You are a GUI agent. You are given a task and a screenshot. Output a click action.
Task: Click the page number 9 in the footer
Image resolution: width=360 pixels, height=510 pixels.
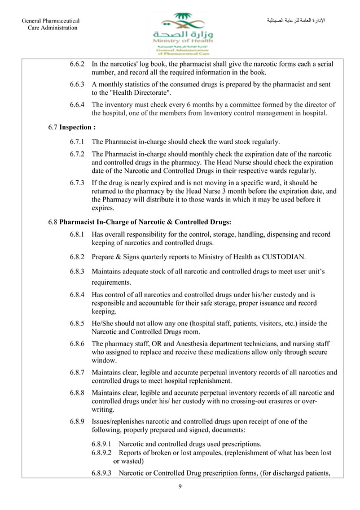(179, 487)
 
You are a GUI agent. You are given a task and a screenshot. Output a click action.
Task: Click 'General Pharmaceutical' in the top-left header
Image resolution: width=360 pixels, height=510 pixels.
(50, 21)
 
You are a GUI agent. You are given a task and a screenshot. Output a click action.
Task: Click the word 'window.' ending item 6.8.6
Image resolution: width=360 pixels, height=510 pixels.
(104, 360)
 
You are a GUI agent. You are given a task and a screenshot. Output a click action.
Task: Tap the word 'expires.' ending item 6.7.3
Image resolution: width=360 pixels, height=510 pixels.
(104, 208)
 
